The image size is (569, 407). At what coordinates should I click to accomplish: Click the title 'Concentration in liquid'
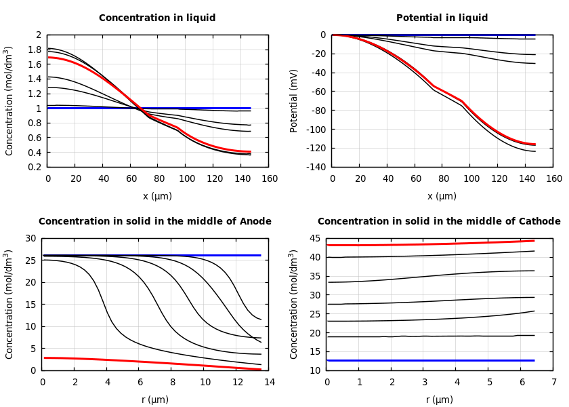pyautogui.click(x=157, y=18)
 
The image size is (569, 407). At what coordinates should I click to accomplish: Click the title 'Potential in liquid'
pyautogui.click(x=442, y=18)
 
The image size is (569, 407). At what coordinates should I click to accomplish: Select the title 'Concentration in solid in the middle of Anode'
pyautogui.click(x=155, y=222)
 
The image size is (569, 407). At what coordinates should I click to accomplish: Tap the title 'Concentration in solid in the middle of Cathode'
pyautogui.click(x=439, y=222)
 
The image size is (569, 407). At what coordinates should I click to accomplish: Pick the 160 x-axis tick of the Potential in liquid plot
pyautogui.click(x=553, y=179)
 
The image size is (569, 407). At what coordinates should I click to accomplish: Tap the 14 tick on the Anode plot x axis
pyautogui.click(x=269, y=383)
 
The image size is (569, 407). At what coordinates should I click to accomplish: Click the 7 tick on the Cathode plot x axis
pyautogui.click(x=553, y=383)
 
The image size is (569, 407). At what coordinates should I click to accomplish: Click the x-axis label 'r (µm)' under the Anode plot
pyautogui.click(x=155, y=400)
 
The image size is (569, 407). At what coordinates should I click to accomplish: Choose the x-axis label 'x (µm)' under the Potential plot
pyautogui.click(x=442, y=196)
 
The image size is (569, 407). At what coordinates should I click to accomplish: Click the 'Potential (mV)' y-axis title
pyautogui.click(x=294, y=100)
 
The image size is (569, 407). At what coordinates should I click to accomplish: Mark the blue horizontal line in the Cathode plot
pyautogui.click(x=434, y=360)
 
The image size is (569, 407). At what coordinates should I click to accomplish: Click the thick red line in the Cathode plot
pyautogui.click(x=434, y=244)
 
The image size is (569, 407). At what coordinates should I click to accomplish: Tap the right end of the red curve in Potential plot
pyautogui.click(x=534, y=144)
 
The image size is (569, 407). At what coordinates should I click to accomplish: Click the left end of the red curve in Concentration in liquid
pyautogui.click(x=49, y=58)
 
